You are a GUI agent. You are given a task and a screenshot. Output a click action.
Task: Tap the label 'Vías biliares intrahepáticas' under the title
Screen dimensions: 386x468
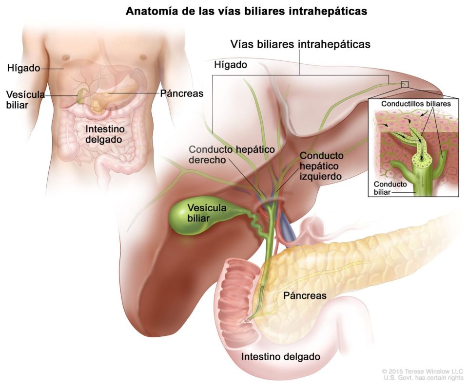coord(300,44)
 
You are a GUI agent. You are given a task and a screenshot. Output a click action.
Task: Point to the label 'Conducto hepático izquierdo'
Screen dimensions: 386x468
coord(322,165)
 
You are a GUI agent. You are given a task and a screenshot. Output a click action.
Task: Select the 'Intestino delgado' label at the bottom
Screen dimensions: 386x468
coord(281,357)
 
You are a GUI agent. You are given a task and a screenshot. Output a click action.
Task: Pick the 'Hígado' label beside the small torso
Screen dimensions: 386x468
coord(23,69)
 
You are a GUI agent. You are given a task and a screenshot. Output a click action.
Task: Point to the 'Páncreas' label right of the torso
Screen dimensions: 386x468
coord(182,93)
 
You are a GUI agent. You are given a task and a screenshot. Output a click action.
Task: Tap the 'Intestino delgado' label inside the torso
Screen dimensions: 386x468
coord(103,134)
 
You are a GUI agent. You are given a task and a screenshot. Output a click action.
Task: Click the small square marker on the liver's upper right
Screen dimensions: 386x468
coord(404,84)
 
